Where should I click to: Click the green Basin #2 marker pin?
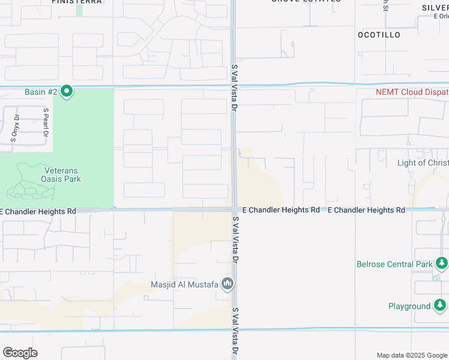tap(67, 92)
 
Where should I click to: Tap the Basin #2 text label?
tap(41, 92)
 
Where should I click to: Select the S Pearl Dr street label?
tap(45, 122)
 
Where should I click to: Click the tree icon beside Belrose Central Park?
tap(442, 263)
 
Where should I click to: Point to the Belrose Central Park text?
tap(394, 264)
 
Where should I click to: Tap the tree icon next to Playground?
tap(440, 306)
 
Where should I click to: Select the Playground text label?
tap(409, 306)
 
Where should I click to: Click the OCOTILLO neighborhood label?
tap(379, 35)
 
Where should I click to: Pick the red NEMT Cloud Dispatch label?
tap(412, 92)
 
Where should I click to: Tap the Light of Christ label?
tap(423, 163)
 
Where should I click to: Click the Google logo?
tap(20, 353)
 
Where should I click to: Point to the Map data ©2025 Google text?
tap(411, 355)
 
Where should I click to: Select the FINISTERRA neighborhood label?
tap(77, 2)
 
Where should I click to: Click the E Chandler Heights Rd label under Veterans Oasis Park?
tap(38, 211)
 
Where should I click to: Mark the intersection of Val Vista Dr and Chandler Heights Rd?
tap(234, 209)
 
